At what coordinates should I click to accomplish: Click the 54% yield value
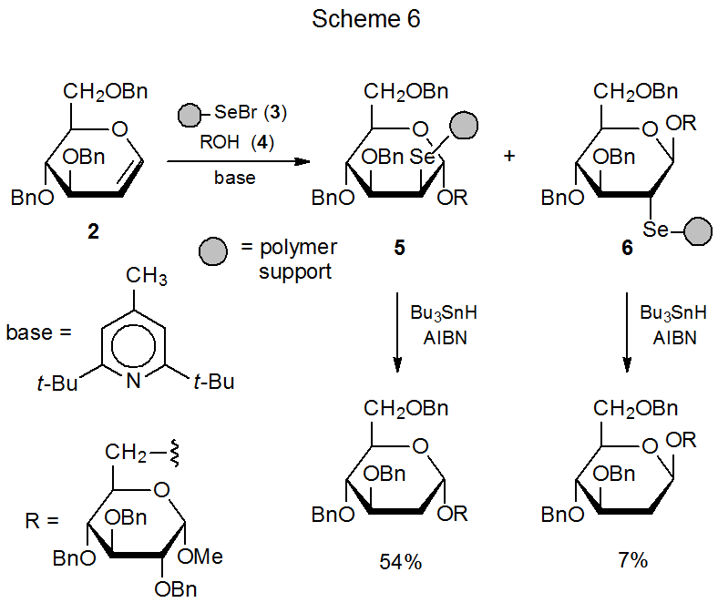[x=401, y=562]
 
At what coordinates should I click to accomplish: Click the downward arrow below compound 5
[x=399, y=333]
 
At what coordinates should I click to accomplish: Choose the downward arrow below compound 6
[x=627, y=333]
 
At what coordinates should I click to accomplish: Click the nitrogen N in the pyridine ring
[x=133, y=382]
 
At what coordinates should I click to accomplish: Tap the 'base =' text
[x=38, y=332]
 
